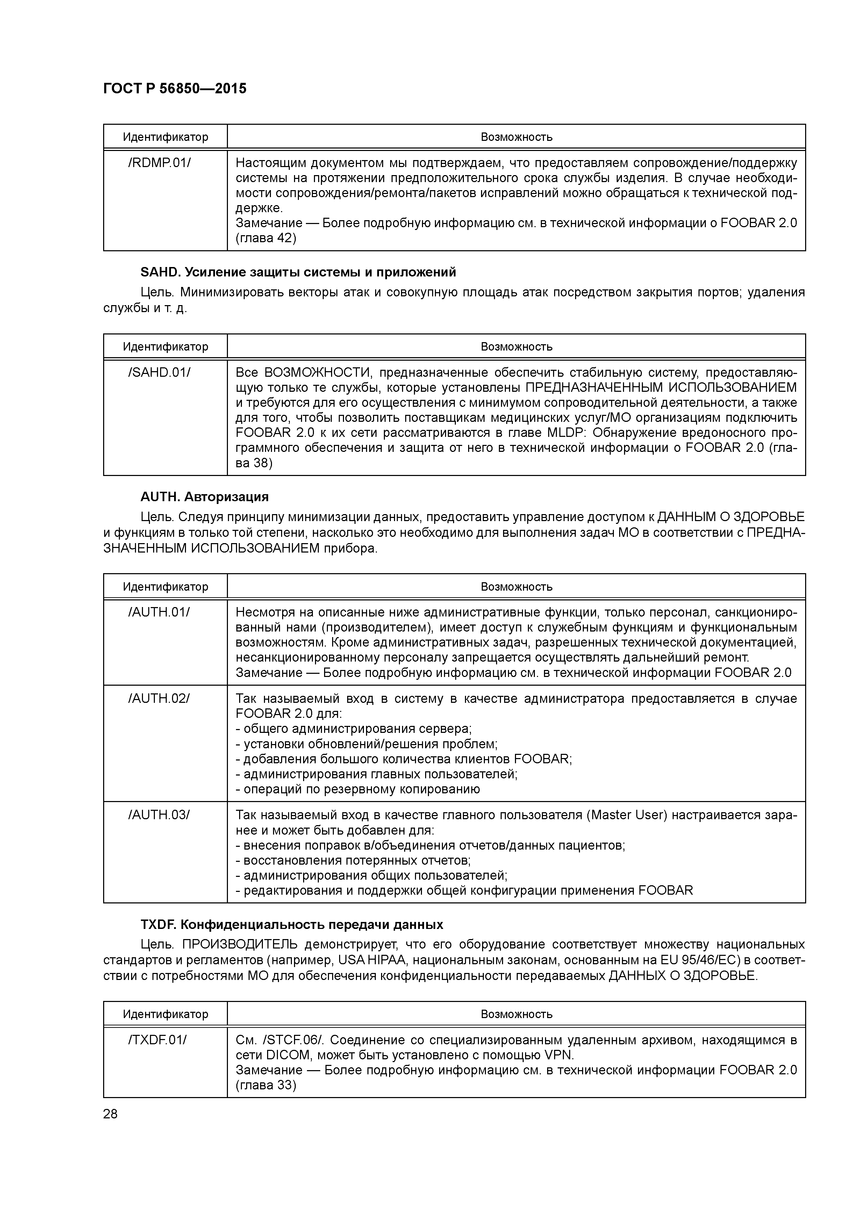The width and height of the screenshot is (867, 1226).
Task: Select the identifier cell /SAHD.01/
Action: click(x=159, y=372)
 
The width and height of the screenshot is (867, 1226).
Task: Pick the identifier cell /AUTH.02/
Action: click(x=159, y=698)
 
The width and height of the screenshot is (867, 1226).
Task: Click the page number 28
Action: click(x=110, y=1114)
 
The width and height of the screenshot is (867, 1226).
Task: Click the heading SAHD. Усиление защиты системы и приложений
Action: click(x=298, y=272)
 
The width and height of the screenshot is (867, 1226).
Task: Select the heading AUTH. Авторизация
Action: click(x=205, y=497)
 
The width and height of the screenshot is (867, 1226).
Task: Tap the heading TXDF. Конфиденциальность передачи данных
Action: click(x=292, y=924)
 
